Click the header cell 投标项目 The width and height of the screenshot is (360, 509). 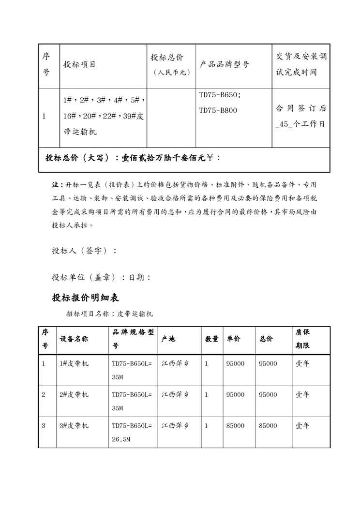[80, 64]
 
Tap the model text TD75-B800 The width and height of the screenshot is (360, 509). [218, 110]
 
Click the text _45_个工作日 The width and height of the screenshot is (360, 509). [300, 124]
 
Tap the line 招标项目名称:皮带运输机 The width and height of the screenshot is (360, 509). [109, 314]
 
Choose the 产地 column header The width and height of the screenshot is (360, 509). [168, 339]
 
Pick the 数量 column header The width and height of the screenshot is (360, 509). [211, 339]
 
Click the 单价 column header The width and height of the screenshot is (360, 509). [233, 339]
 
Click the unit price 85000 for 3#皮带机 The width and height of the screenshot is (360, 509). [235, 426]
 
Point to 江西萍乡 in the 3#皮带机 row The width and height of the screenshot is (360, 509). [175, 426]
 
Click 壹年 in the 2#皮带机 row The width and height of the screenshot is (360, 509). [302, 395]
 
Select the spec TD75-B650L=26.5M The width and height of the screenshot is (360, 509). [132, 433]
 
